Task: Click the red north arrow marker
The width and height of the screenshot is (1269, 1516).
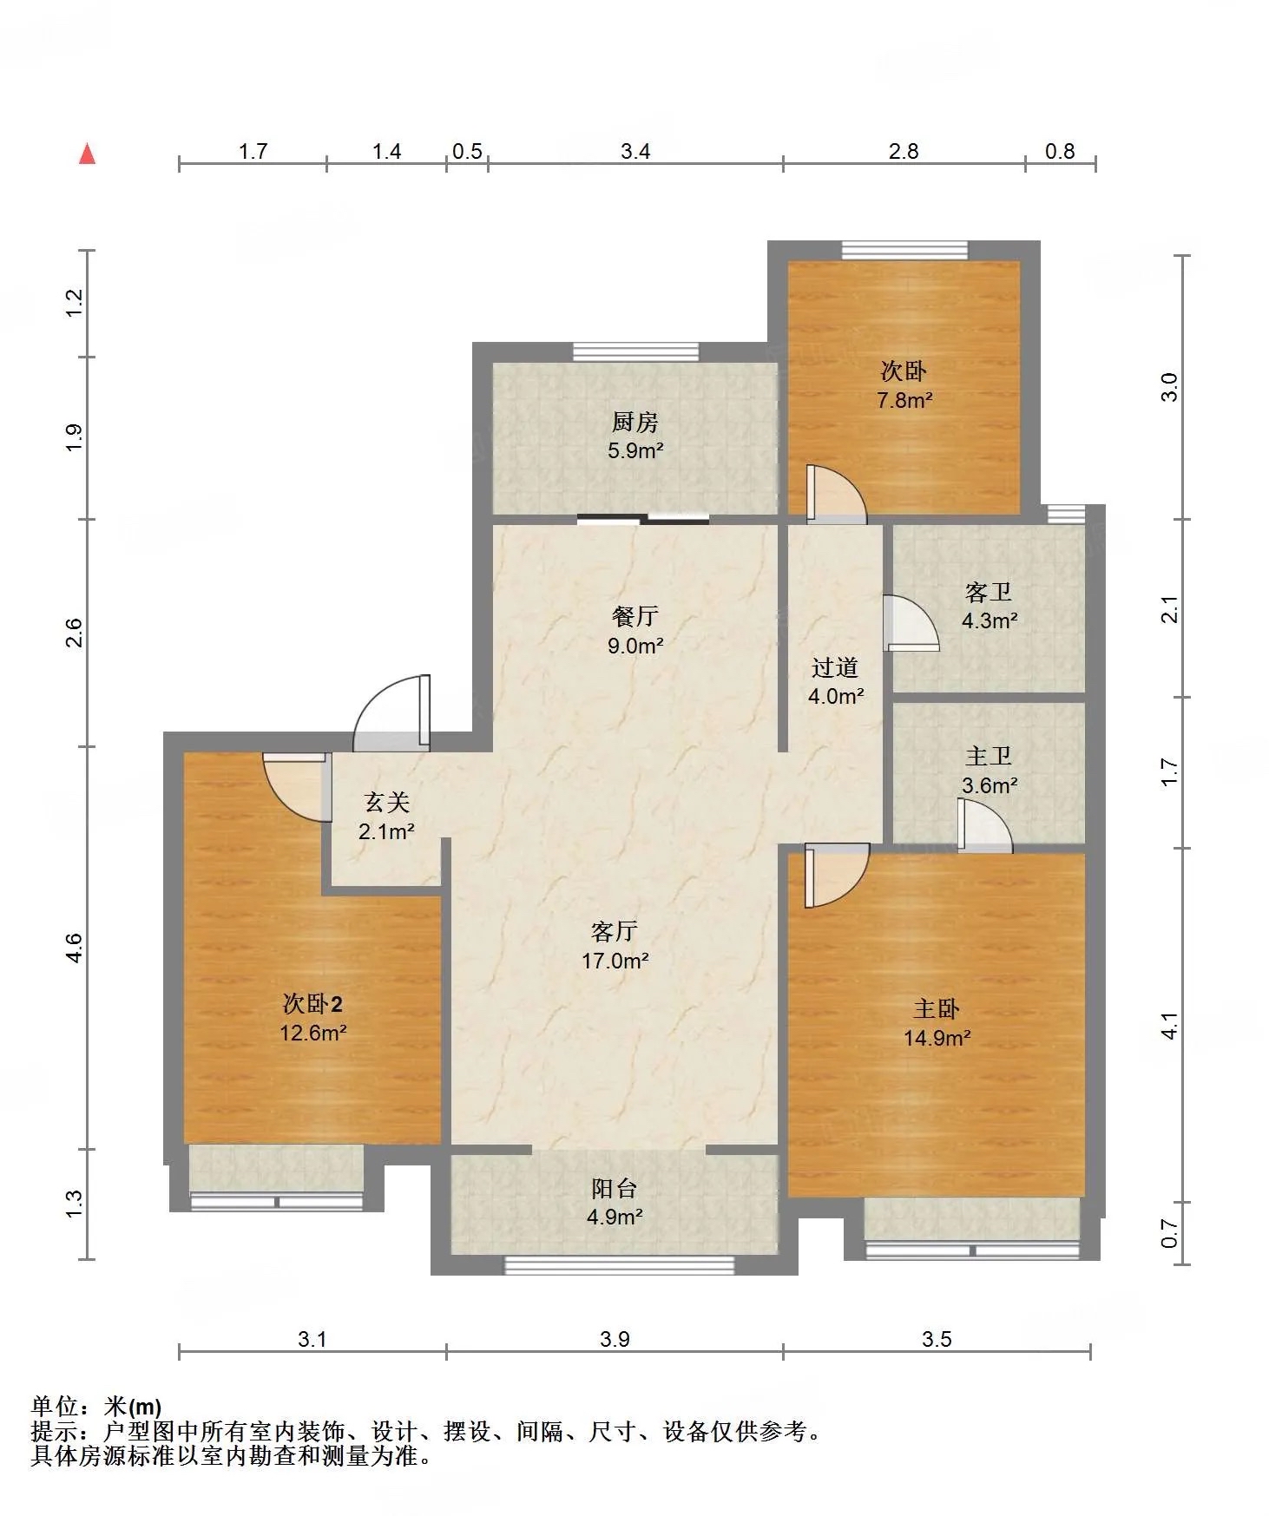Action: pos(87,154)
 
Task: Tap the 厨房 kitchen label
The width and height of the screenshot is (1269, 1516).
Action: pos(635,422)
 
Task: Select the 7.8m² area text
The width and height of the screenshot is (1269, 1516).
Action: pos(904,400)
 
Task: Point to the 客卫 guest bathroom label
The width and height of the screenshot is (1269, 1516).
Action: pos(989,592)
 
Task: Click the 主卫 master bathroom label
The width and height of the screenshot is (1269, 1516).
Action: pos(989,756)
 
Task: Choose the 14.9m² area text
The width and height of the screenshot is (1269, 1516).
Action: pos(937,1038)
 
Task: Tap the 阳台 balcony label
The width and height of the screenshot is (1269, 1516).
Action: pos(615,1188)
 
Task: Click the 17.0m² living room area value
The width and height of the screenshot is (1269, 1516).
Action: pos(615,961)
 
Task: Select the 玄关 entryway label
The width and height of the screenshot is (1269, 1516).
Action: pos(386,803)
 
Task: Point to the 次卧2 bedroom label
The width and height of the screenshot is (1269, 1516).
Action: pos(312,1004)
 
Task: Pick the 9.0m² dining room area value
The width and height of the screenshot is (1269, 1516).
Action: pos(636,646)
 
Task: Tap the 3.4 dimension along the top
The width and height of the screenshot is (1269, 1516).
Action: pos(635,152)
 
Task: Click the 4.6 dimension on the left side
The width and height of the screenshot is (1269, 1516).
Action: pos(75,947)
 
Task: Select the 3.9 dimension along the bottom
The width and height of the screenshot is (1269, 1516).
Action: pos(615,1339)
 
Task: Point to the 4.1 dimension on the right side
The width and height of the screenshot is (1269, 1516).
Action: pos(1171,1026)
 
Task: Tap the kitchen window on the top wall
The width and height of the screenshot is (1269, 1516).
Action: pos(635,351)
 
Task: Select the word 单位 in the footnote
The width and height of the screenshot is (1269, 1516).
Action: pos(55,1407)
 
